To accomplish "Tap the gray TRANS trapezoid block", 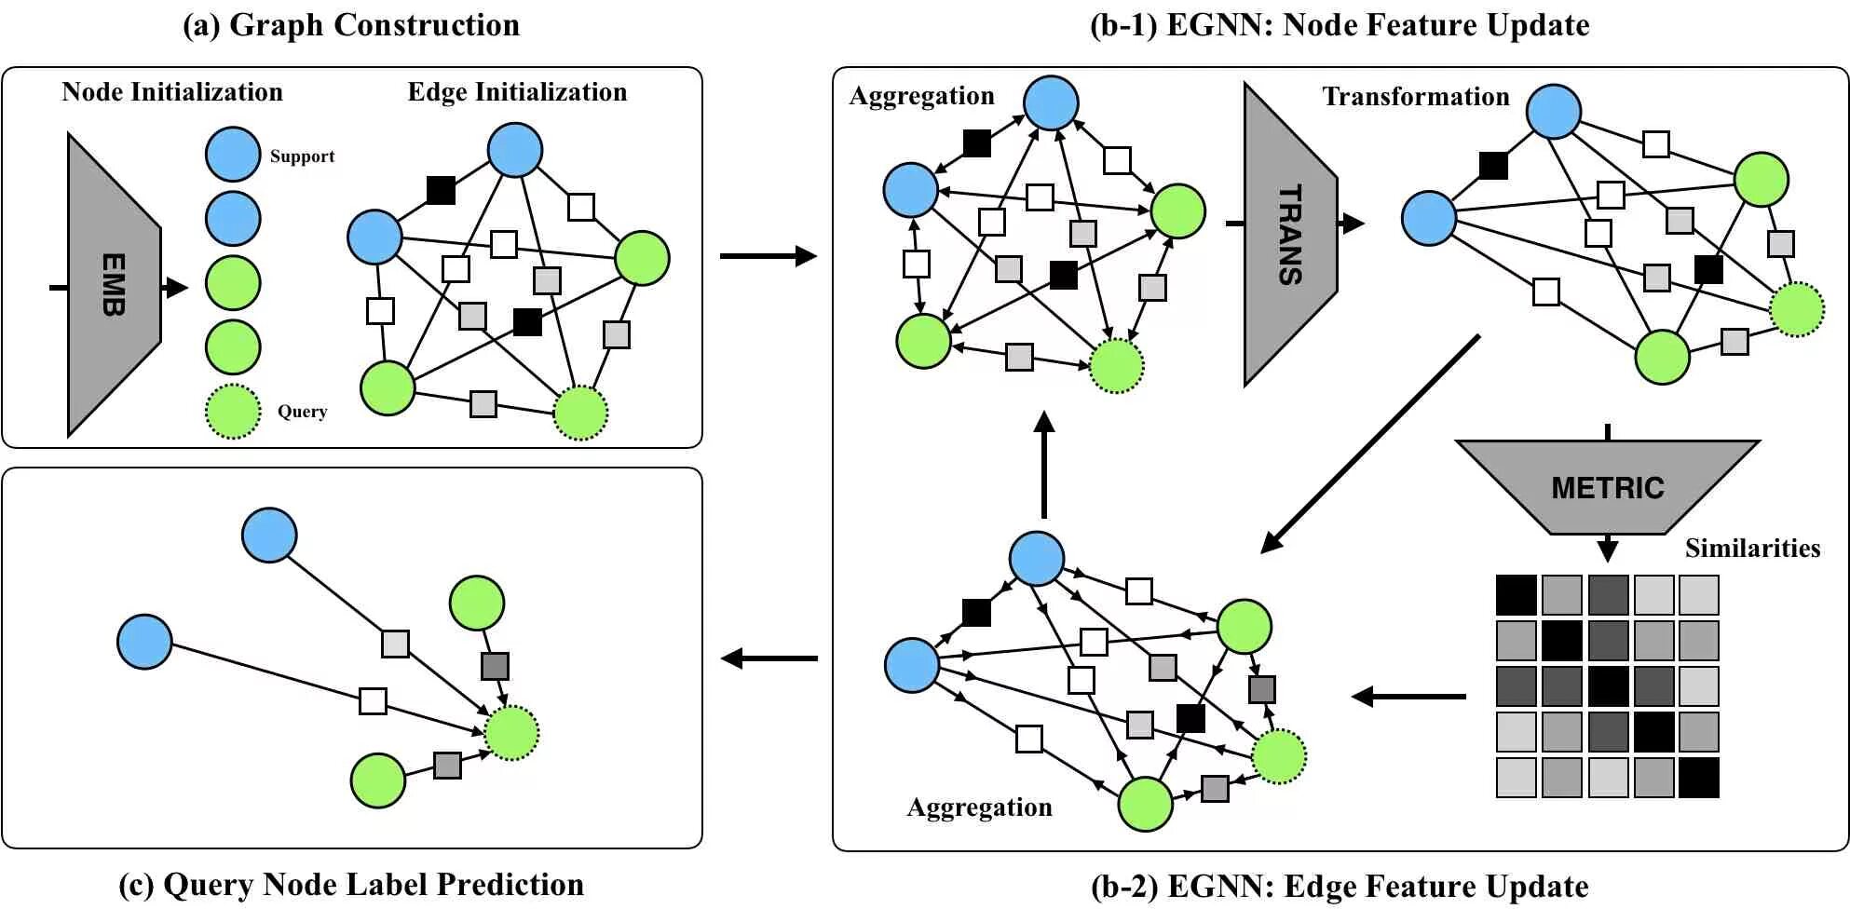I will [x=1289, y=235].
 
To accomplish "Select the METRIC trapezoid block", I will [x=1607, y=487].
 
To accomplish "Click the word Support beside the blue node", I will [x=302, y=156].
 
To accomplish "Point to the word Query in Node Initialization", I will [x=302, y=412].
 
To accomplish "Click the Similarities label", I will [x=1752, y=548].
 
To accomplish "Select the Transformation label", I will [x=1415, y=97].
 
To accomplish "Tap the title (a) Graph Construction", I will [x=351, y=25].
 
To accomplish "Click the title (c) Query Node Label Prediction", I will [x=351, y=885].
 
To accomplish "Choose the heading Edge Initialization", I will [x=517, y=92].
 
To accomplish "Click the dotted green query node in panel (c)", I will [x=511, y=733].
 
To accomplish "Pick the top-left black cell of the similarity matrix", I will [x=1516, y=595].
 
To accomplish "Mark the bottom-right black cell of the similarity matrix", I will [x=1698, y=778].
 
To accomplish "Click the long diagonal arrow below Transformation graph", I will [x=1369, y=444].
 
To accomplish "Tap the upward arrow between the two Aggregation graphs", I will [x=1044, y=465].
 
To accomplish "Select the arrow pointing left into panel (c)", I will [x=769, y=658].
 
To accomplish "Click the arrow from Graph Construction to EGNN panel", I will [x=769, y=256].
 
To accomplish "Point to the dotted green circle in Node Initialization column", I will [x=233, y=411].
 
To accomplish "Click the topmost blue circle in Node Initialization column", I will [x=233, y=154].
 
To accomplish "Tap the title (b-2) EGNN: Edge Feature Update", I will [x=1340, y=887].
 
